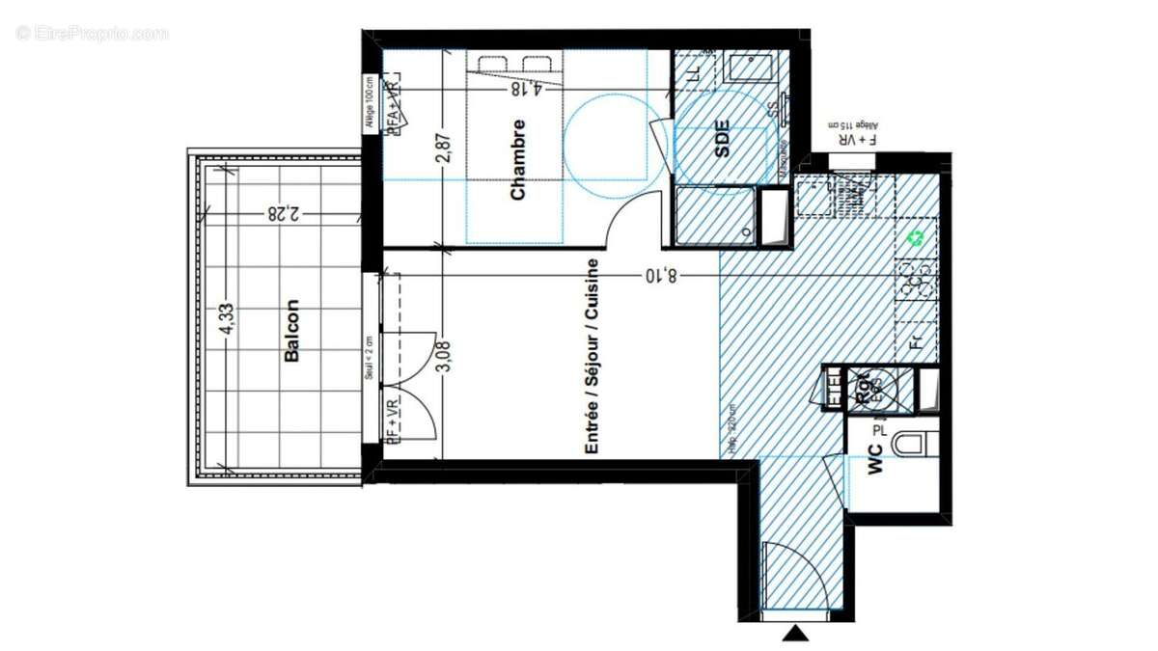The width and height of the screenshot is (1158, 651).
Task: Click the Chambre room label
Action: (518, 159)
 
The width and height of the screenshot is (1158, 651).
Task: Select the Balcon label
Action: (291, 331)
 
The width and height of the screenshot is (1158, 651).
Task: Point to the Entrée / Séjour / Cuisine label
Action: (593, 357)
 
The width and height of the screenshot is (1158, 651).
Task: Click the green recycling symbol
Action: (916, 236)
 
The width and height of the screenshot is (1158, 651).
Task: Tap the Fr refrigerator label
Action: (917, 340)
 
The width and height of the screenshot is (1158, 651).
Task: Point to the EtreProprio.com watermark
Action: (93, 33)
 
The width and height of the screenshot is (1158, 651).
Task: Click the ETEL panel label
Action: (833, 390)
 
